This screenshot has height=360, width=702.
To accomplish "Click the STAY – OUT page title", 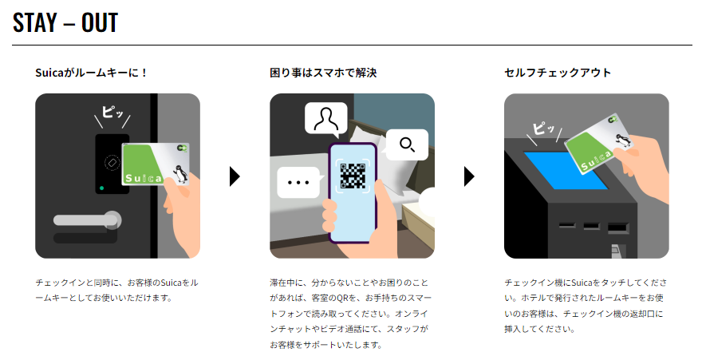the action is (x=66, y=23).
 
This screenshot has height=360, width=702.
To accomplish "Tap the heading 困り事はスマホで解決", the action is (x=323, y=73).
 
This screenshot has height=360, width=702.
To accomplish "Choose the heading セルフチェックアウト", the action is (x=558, y=73).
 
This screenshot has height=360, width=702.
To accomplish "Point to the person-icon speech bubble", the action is (x=326, y=119).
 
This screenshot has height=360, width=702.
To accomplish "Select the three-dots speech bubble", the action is (x=298, y=182).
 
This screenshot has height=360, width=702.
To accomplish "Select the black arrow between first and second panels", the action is (x=235, y=176).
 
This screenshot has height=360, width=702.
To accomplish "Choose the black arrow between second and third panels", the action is (x=469, y=176).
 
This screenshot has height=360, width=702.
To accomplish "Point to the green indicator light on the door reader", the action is (x=101, y=189).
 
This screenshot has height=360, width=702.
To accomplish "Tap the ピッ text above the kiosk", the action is (x=544, y=128).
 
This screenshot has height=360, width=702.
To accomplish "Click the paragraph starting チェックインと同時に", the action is (x=116, y=291).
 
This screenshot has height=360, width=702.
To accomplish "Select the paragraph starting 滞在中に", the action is (x=352, y=314).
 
